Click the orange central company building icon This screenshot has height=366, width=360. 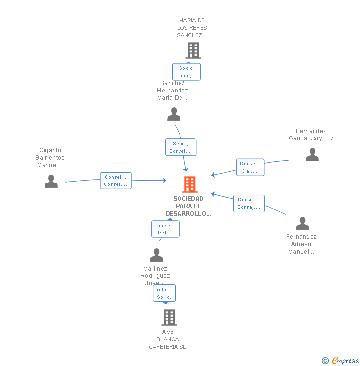click(x=190, y=184)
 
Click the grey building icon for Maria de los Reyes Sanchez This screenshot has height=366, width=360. click(x=193, y=50)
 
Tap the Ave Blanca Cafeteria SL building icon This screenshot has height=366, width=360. click(x=169, y=317)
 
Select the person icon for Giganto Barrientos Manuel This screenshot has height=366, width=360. click(x=51, y=182)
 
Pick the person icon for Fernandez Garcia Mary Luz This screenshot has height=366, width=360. click(x=312, y=155)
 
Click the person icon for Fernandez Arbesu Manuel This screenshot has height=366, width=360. click(x=302, y=224)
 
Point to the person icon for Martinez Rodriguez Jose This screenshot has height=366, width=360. click(x=156, y=255)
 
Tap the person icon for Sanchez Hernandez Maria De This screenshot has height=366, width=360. click(x=174, y=114)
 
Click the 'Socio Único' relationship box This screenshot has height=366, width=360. click(x=186, y=72)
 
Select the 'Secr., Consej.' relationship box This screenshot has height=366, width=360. click(x=180, y=147)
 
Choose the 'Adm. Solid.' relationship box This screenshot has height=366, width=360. click(x=164, y=293)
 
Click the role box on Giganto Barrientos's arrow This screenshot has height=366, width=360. click(x=116, y=181)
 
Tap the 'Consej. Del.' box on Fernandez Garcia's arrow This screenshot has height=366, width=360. click(x=250, y=167)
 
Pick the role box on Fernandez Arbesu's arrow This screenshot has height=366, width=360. click(x=249, y=203)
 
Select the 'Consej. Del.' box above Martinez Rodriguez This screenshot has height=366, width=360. click(x=165, y=229)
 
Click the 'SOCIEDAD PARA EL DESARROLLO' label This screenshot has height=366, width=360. click(x=188, y=206)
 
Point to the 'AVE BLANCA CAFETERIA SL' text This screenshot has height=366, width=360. click(x=168, y=339)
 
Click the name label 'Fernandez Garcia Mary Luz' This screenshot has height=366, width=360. click(x=311, y=135)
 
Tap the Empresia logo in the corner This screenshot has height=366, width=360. click(x=345, y=361)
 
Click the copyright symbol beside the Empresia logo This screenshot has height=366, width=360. click(x=325, y=361)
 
